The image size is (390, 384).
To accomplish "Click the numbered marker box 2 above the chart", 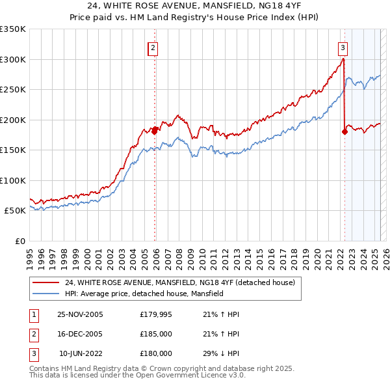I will (x=152, y=47).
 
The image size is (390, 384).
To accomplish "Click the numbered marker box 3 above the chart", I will (x=343, y=47).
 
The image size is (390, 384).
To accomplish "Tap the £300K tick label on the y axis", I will (x=13, y=59).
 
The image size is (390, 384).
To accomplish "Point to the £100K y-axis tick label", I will (x=13, y=180).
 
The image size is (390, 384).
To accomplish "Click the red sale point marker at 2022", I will (x=344, y=132).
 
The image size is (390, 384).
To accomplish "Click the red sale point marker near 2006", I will (x=155, y=130).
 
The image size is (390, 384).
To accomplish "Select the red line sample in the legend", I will (x=47, y=282).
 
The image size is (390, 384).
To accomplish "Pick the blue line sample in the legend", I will (x=47, y=294).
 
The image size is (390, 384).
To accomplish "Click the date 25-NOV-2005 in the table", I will (x=81, y=314).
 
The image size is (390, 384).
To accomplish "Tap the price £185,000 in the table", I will (x=156, y=334).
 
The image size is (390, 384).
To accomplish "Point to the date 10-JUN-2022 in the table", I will (x=81, y=353).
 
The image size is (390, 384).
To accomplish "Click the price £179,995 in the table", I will (x=156, y=314).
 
